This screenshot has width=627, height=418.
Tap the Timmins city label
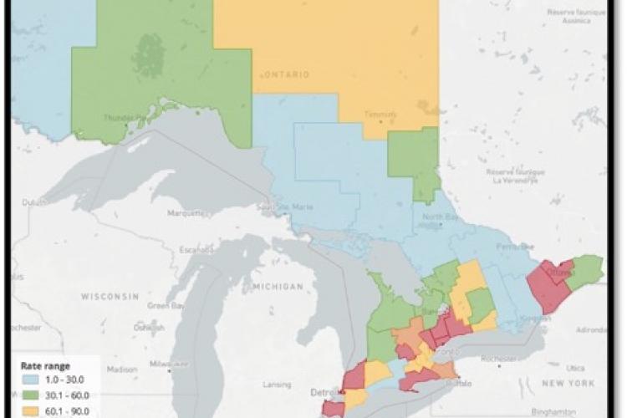[x=381, y=113]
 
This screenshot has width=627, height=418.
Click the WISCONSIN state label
[x=109, y=296]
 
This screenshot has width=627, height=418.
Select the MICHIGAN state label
[x=276, y=286]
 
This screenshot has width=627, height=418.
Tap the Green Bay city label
[x=160, y=305]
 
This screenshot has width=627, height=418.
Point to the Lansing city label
[x=257, y=385]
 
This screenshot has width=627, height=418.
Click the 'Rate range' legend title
[x=47, y=365]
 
